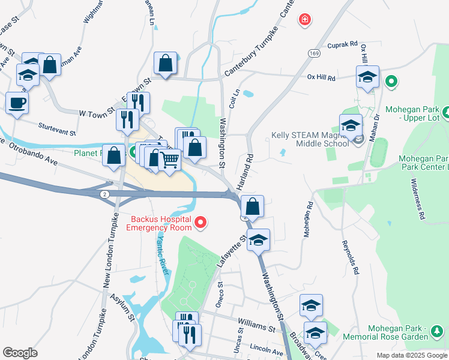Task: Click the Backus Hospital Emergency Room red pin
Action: (201, 223)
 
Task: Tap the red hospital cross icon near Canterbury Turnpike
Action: (306, 20)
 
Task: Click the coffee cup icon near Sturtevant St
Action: (17, 102)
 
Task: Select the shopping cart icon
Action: (170, 160)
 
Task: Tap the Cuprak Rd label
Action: (342, 44)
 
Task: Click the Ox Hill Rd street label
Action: (321, 77)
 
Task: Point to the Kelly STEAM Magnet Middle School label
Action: (310, 139)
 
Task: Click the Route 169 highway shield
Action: (313, 54)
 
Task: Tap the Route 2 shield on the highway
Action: (104, 194)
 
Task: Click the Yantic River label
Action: (162, 254)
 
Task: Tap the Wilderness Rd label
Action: (418, 199)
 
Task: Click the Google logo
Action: (20, 353)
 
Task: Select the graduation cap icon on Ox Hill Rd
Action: (367, 77)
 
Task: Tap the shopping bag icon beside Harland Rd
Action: (253, 206)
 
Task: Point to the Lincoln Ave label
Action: (267, 350)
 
